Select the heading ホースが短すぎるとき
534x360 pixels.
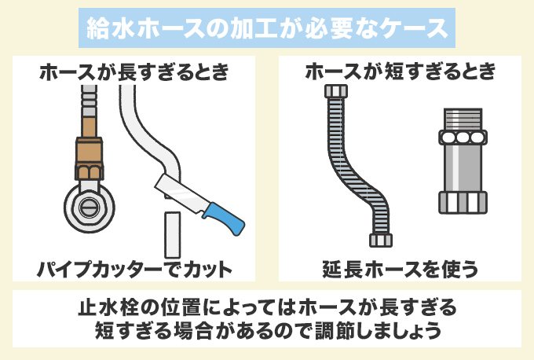[x=400, y=74]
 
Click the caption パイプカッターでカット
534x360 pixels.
[x=134, y=270]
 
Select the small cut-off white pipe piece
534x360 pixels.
[x=171, y=233]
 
